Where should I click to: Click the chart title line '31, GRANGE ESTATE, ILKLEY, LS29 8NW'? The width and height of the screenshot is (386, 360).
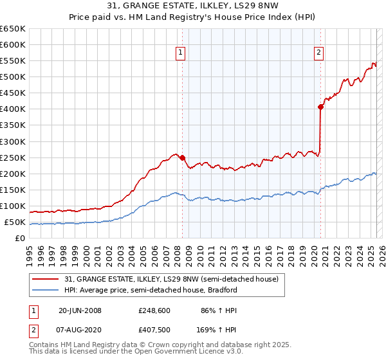click(x=192, y=7)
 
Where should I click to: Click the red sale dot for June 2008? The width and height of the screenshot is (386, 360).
click(x=182, y=157)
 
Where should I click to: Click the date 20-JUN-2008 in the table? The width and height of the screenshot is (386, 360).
click(x=80, y=310)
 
